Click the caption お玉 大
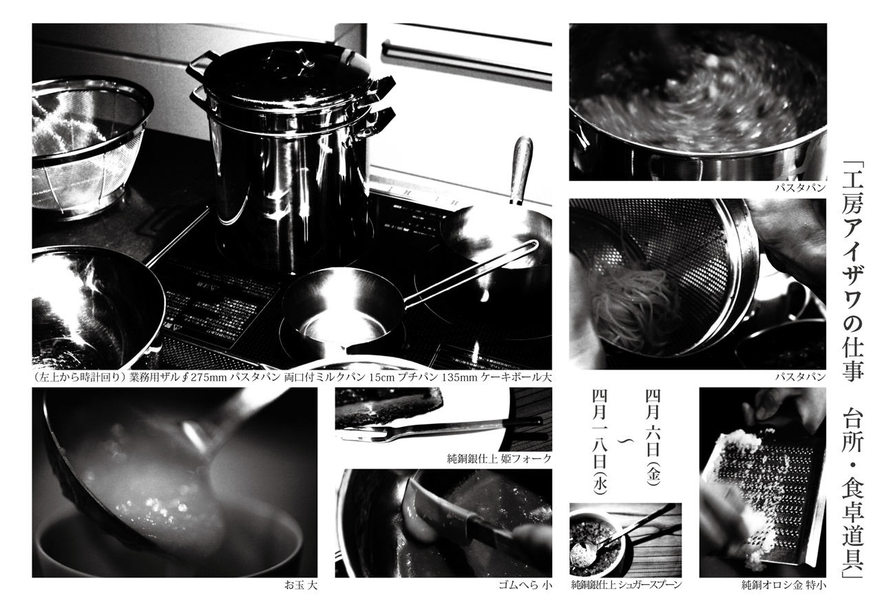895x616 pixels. [300, 586]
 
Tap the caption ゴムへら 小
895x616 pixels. [525, 586]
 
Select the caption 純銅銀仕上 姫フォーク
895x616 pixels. [499, 458]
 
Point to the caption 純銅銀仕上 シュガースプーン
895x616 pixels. [626, 586]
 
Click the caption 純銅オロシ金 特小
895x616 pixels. [783, 586]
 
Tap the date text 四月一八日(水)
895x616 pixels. [600, 443]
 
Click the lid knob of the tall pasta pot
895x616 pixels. [289, 59]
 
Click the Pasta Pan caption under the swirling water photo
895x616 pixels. [800, 187]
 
